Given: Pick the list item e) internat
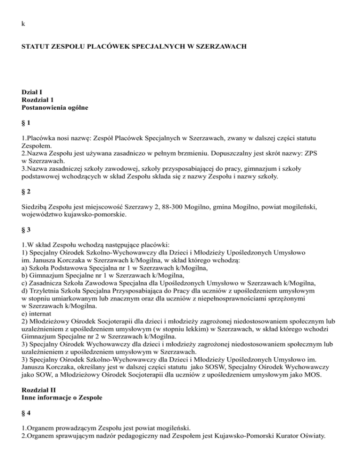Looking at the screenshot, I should tap(39, 312).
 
